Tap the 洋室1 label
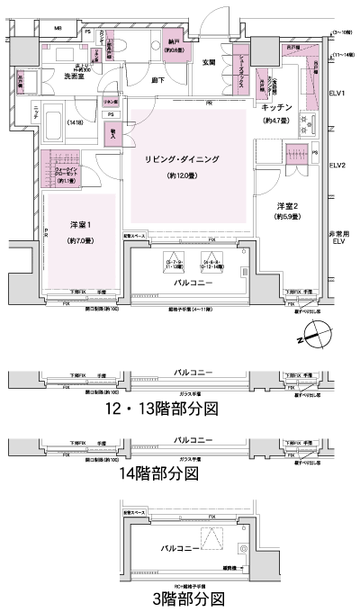point(83,225)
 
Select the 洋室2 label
point(290,203)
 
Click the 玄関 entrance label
point(210,61)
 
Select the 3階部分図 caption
point(187,598)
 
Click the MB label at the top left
point(58,30)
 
